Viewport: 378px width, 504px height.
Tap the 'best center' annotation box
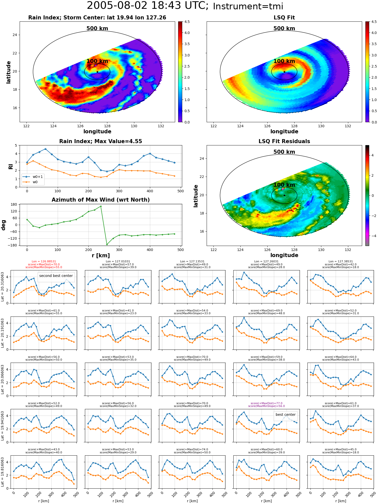pos(286,415)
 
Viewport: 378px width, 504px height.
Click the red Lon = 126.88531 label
pos(44,262)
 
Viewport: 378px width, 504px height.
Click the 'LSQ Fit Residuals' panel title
pos(284,141)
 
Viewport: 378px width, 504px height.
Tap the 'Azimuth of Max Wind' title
pos(101,200)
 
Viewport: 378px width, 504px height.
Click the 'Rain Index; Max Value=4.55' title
pos(101,141)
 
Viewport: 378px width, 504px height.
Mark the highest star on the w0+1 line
pos(45,149)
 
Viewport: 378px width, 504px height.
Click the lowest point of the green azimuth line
pos(107,244)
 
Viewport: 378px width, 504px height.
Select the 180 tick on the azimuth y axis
pos(14,204)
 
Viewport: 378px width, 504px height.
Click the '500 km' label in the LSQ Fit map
pos(284,28)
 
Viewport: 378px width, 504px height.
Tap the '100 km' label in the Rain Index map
pos(97,61)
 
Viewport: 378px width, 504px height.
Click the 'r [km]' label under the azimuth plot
pos(101,256)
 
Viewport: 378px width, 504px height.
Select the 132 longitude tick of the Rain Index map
pos(161,126)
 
